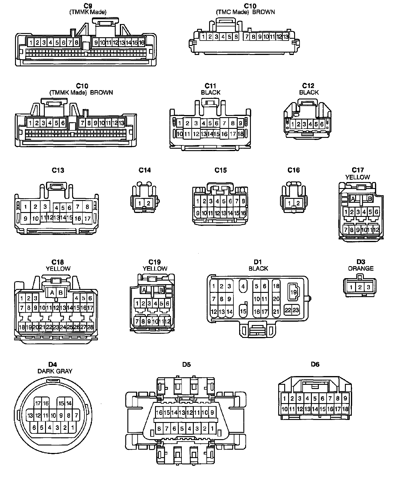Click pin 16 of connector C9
pos(142,42)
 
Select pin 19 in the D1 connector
pos(293,292)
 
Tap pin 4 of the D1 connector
pos(243,286)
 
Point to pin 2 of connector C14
pos(148,203)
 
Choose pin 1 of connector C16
pos(289,203)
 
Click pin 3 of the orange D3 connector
pos(368,287)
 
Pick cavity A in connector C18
pos(52,292)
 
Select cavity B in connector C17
pos(370,199)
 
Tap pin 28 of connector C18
pos(90,327)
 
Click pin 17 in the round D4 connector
pos(38,403)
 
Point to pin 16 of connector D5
pos(159,412)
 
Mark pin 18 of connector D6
pos(345,409)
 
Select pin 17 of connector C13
pos(87,219)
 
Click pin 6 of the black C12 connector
pos(321,124)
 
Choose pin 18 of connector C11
pos(240,134)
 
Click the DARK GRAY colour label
pos(55,371)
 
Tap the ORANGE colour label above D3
pos(361,268)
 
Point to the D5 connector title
pos(186,364)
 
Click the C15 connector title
pos(221,170)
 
